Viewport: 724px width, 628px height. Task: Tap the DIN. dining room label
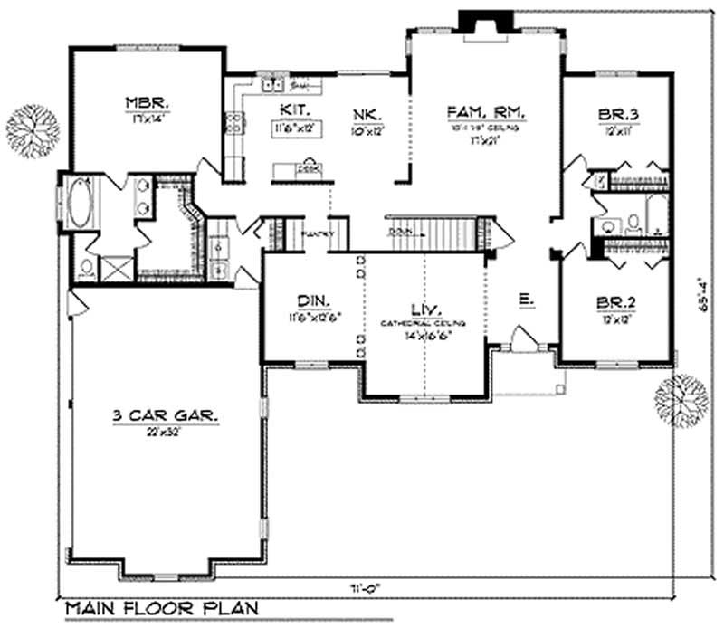(x=310, y=301)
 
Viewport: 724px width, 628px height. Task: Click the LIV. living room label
(x=423, y=309)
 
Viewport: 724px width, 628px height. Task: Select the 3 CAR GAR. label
(x=165, y=416)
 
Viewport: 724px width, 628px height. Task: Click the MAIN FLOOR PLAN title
(x=160, y=608)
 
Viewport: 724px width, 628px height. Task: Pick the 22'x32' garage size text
(x=165, y=431)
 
